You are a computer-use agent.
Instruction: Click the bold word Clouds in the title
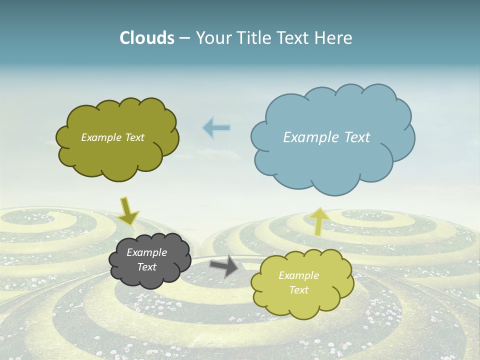(x=147, y=38)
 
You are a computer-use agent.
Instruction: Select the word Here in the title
(x=334, y=38)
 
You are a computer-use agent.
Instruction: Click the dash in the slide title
(x=184, y=38)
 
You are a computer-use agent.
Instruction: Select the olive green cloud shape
(x=117, y=157)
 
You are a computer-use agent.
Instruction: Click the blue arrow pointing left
(x=216, y=128)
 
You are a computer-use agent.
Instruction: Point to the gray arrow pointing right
(x=224, y=265)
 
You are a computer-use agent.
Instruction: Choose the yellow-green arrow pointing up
(x=318, y=221)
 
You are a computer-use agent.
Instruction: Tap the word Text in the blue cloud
(x=354, y=137)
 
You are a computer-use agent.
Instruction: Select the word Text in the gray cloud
(x=146, y=267)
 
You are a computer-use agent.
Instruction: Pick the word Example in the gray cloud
(x=146, y=252)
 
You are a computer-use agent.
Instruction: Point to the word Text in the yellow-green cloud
(x=298, y=290)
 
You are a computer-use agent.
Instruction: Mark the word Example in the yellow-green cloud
(x=298, y=275)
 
